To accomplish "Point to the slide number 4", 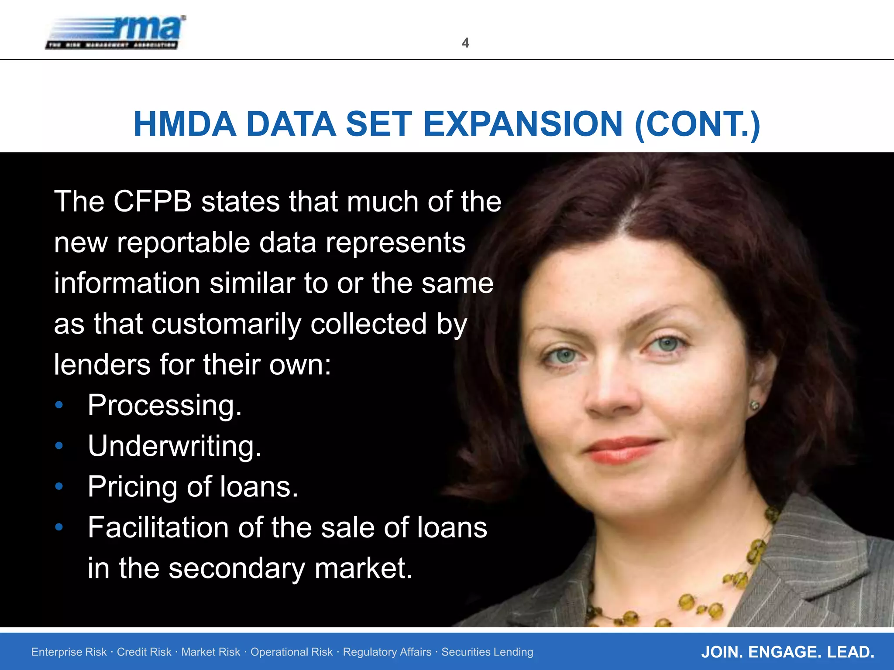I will tap(465, 43).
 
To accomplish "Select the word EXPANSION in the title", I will tap(523, 124).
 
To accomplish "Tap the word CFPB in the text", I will tap(152, 202).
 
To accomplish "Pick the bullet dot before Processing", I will tap(59, 405).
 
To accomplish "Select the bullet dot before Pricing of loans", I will tap(59, 486).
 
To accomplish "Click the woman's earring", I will tap(754, 406).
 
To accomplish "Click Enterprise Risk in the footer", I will tap(69, 652).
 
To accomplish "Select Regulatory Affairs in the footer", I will tap(387, 652).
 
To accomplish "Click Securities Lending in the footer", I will tap(487, 652).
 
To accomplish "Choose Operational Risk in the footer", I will tap(291, 652).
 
